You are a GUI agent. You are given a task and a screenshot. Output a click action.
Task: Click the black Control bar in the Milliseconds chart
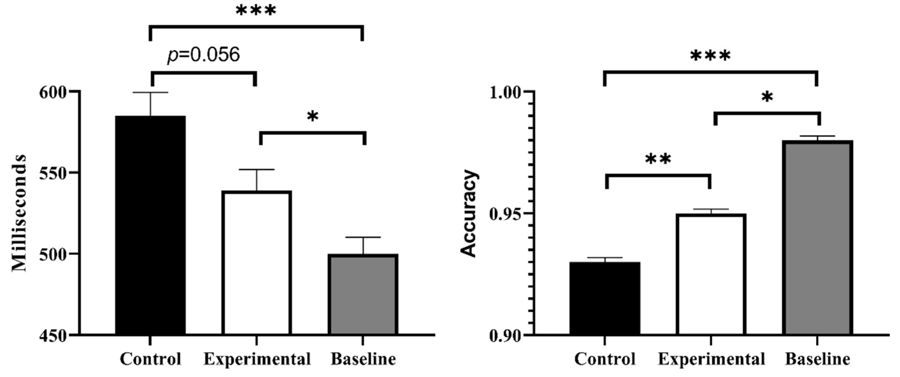coord(150,225)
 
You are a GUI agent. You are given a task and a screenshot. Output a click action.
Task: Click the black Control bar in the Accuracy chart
coord(605,298)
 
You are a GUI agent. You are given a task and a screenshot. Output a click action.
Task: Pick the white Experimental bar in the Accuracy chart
coord(711,274)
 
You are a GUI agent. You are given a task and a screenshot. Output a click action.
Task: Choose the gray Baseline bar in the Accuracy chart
coord(817,237)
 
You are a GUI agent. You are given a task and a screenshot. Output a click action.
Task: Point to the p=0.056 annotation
coord(204,55)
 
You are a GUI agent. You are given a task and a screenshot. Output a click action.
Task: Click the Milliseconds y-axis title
coord(19,213)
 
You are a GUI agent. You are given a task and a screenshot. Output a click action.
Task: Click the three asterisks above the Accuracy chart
coord(710,56)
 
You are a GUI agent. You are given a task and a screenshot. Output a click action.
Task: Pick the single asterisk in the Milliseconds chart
coord(312,117)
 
